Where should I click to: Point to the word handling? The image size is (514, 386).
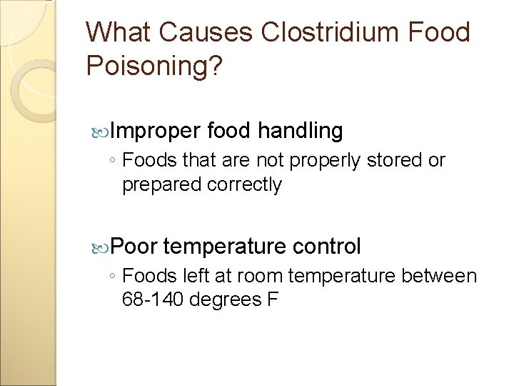(x=300, y=131)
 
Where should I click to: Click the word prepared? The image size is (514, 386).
(x=162, y=185)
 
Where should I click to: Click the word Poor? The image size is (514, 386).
(x=134, y=247)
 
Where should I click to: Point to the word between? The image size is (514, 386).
(x=439, y=276)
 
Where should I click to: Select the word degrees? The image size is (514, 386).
(x=226, y=300)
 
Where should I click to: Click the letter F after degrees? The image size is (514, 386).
(x=272, y=300)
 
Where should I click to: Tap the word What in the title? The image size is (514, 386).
(x=119, y=33)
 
